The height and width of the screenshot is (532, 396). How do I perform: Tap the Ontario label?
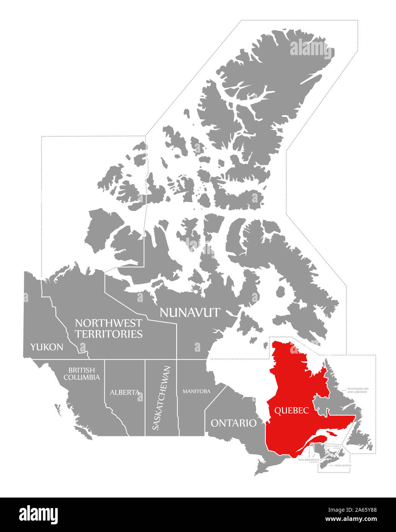coord(234,423)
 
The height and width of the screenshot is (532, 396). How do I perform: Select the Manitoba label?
coord(196,391)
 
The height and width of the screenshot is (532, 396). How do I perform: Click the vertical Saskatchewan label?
coord(156,398)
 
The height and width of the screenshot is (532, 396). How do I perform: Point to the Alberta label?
coord(125,392)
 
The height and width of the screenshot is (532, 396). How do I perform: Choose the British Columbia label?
coord(82,374)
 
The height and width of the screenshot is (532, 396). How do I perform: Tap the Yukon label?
coord(47,347)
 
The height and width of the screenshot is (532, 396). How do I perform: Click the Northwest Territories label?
coord(109,328)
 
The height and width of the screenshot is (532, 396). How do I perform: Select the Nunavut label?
coord(190,312)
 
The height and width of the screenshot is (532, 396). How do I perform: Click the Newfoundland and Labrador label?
coord(358,390)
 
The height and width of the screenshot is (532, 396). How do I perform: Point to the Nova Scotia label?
coord(343,465)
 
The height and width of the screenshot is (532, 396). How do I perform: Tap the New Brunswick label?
coord(309,459)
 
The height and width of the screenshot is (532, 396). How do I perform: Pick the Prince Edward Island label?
coord(333,447)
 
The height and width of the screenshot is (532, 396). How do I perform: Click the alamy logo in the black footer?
coord(38,514)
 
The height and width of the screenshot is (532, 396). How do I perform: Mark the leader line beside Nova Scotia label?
coord(331,465)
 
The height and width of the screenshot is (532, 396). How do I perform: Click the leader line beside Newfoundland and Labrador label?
coord(344,390)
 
